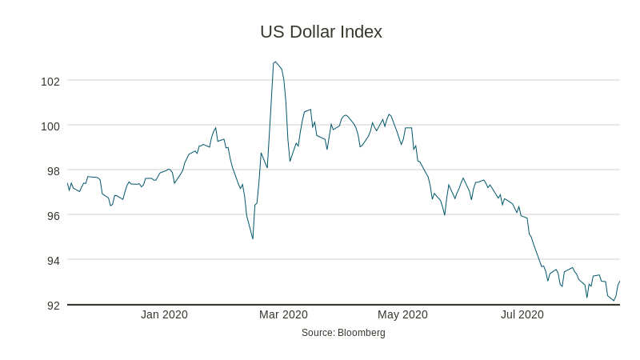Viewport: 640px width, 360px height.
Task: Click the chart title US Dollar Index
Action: pyautogui.click(x=321, y=32)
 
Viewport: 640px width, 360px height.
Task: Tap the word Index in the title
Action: pyautogui.click(x=362, y=32)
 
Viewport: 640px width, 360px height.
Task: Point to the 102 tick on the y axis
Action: pyautogui.click(x=50, y=81)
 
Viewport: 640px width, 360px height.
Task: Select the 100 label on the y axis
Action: pyautogui.click(x=50, y=126)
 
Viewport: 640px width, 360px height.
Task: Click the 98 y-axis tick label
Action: pyautogui.click(x=54, y=170)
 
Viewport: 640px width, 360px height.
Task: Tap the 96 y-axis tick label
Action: pyautogui.click(x=54, y=215)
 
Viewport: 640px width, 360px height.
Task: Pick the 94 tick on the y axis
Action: pyautogui.click(x=54, y=260)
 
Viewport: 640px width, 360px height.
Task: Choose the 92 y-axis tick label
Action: pyautogui.click(x=54, y=305)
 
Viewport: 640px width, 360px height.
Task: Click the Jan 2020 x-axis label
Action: pyautogui.click(x=164, y=314)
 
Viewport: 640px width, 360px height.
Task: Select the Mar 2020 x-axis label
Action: pyautogui.click(x=283, y=314)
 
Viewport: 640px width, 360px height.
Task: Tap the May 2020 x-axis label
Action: pyautogui.click(x=403, y=314)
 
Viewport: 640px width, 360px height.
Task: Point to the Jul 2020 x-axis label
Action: pyautogui.click(x=522, y=314)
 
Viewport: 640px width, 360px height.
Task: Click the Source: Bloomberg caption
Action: pyautogui.click(x=343, y=332)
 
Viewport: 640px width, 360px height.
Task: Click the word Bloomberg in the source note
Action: pyautogui.click(x=362, y=332)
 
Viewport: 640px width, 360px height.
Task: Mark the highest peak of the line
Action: pyautogui.click(x=275, y=62)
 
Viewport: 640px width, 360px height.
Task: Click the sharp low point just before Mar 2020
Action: pyautogui.click(x=253, y=238)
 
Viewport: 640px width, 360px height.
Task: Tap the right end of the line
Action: pyautogui.click(x=620, y=281)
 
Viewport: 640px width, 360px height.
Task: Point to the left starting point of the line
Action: pyautogui.click(x=68, y=183)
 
